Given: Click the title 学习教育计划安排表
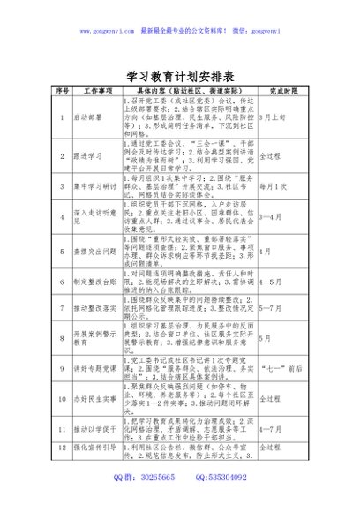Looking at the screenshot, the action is coord(180,75).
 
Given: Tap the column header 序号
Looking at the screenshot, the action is coord(63,91).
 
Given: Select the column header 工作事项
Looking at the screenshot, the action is coord(98,91).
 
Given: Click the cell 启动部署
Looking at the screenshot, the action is coord(87,116).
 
